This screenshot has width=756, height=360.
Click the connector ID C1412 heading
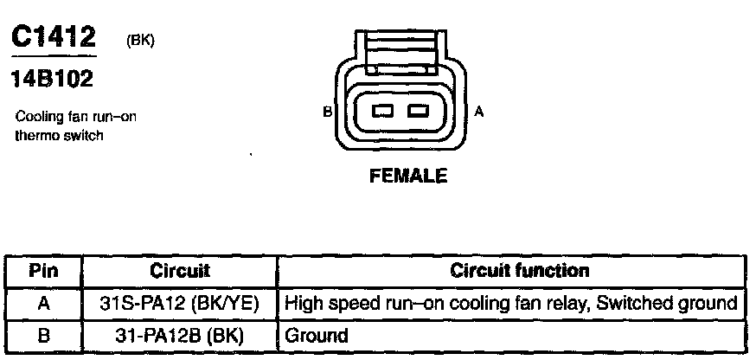[x=54, y=37]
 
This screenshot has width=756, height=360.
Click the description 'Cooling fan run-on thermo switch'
[x=76, y=126]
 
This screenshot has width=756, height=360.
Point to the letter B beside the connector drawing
[x=327, y=112]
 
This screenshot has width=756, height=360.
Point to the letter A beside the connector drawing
[x=479, y=112]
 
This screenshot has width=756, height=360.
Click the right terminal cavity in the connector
[x=419, y=111]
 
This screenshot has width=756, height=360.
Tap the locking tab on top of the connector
[x=401, y=52]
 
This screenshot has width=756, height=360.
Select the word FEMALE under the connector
[x=408, y=176]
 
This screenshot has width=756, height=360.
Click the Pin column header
[x=43, y=271]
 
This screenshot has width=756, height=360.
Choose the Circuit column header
[x=180, y=271]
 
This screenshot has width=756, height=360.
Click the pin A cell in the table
[x=43, y=303]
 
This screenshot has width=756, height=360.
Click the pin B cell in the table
[x=43, y=334]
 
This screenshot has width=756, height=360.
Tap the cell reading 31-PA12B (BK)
[x=180, y=334]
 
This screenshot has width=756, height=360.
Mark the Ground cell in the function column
[x=316, y=334]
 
